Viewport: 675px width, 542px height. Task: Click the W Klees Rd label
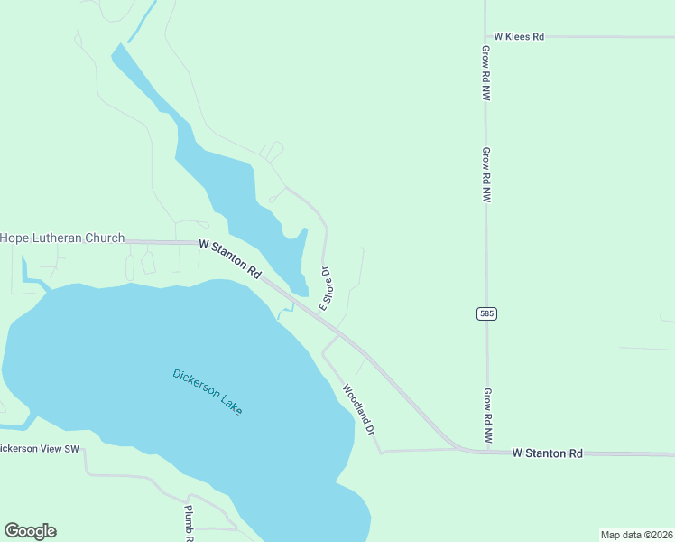(x=519, y=37)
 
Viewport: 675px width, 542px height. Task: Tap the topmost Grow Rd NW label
(x=485, y=72)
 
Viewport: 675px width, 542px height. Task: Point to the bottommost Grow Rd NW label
(x=486, y=415)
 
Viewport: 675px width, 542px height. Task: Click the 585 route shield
(x=486, y=313)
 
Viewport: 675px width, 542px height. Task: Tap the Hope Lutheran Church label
(x=62, y=238)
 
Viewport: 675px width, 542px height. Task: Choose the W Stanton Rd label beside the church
(x=230, y=258)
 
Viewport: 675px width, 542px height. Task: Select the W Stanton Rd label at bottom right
(x=547, y=452)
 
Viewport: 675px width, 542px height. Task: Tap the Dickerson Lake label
(x=208, y=391)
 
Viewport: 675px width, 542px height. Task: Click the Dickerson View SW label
(x=40, y=449)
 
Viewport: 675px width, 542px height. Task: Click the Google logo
(x=30, y=531)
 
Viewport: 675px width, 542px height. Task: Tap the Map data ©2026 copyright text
(x=636, y=534)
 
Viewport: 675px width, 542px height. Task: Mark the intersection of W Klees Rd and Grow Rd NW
(x=485, y=37)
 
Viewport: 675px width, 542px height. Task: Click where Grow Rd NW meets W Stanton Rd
(x=487, y=450)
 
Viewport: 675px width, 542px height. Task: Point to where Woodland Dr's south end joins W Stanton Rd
(x=383, y=450)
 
